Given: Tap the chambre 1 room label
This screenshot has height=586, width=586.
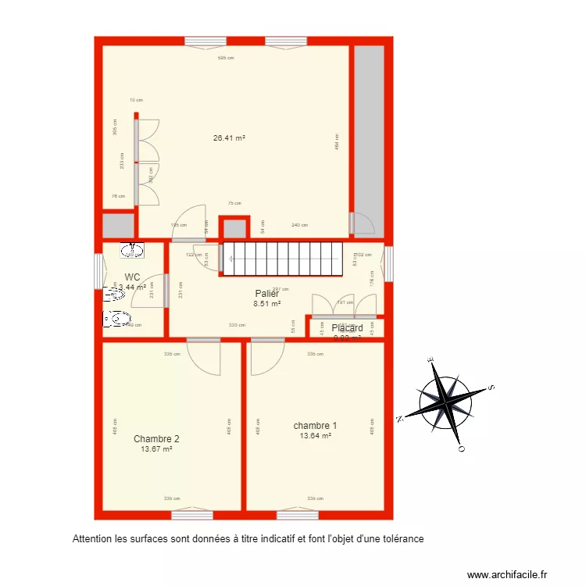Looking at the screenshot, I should point(315,426).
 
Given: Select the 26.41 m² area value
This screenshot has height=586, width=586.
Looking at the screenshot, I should point(230,138).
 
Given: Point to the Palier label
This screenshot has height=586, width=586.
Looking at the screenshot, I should point(266,294).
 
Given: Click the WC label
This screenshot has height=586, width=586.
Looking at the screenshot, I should point(132,277).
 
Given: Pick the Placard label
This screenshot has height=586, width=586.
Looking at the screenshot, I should point(347,328).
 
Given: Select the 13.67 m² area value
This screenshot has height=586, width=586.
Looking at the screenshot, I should point(156,449).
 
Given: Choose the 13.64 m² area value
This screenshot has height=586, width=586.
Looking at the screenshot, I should point(315,436).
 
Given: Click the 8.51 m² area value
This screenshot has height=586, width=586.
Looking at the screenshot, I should point(266,304).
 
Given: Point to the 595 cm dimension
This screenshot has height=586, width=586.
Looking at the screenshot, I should point(226,58).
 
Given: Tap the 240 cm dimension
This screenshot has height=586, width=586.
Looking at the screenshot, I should point(298,225).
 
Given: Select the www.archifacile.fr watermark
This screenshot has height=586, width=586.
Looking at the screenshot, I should point(507,574).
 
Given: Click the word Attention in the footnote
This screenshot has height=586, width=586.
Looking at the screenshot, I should point(91,538).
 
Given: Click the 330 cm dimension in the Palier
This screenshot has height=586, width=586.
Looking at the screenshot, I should point(237,325).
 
